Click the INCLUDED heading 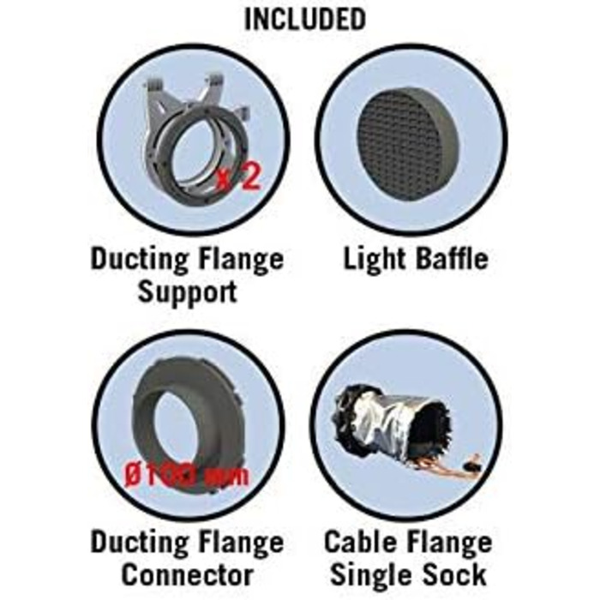305,19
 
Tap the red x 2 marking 238,176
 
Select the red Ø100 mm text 186,475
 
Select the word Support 188,293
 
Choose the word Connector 188,575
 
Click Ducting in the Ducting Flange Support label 139,261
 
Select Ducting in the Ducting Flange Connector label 139,543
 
